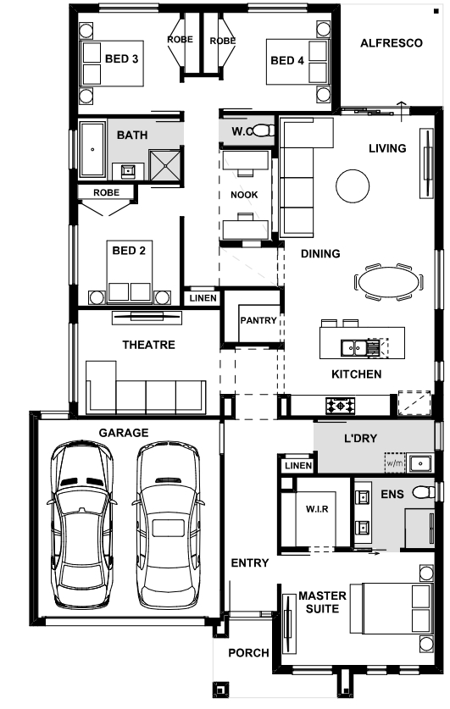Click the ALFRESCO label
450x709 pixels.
coord(392,43)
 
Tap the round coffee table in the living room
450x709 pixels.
coord(353,186)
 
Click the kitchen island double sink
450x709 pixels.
coord(353,347)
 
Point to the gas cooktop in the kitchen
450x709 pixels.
coord(340,406)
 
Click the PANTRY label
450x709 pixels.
coord(258,320)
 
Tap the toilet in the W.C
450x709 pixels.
coord(264,131)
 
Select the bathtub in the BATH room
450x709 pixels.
coord(92,149)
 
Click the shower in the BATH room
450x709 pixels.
coord(165,165)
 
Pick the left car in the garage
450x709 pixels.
coord(81,525)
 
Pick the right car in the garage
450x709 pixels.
coord(168,525)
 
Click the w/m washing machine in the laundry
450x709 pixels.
coord(395,463)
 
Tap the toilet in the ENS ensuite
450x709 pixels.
coord(424,491)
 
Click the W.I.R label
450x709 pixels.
coord(317,509)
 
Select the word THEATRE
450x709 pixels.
coord(149,345)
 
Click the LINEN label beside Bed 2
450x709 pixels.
coord(203,298)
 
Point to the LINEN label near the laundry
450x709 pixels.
coord(298,465)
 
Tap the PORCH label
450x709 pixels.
coord(249,653)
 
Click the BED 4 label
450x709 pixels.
coord(287,61)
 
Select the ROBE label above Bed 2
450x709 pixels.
coord(106,192)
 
